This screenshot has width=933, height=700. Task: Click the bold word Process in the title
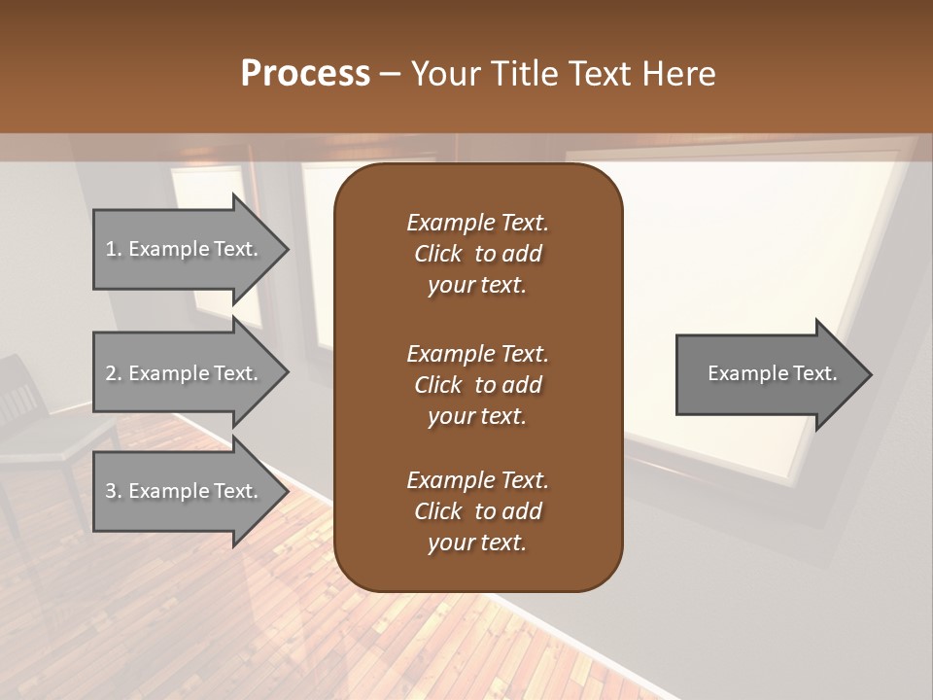pyautogui.click(x=305, y=74)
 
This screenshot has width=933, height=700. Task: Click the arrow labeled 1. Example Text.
pyautogui.click(x=185, y=249)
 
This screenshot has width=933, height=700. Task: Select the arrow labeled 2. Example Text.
pyautogui.click(x=185, y=373)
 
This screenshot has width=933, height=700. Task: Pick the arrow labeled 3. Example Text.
pyautogui.click(x=185, y=491)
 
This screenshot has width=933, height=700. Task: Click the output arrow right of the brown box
pyautogui.click(x=768, y=374)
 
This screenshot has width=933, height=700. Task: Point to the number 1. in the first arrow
pyautogui.click(x=114, y=249)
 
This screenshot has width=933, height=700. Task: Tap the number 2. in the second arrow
pyautogui.click(x=114, y=373)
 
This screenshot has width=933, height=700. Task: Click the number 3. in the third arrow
pyautogui.click(x=114, y=491)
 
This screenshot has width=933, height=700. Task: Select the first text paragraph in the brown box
pyautogui.click(x=477, y=254)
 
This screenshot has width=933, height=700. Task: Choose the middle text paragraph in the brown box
pyautogui.click(x=477, y=385)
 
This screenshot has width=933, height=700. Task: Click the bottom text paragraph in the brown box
pyautogui.click(x=477, y=511)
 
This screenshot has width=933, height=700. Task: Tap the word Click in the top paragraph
pyautogui.click(x=437, y=254)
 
